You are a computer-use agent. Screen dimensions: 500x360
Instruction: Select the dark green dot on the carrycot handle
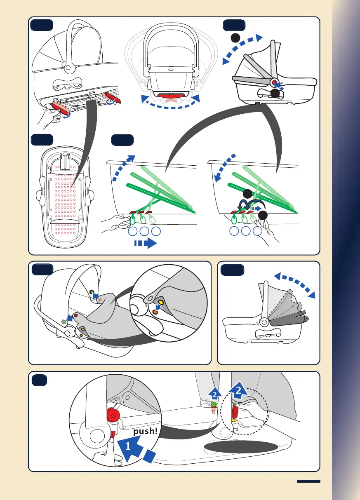pos(92,292)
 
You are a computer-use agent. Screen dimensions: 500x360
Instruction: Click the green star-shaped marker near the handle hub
pos(63,321)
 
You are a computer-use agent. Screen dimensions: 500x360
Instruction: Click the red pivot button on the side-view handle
pos(274,82)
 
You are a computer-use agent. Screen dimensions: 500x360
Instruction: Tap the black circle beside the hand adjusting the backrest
pos(263,215)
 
